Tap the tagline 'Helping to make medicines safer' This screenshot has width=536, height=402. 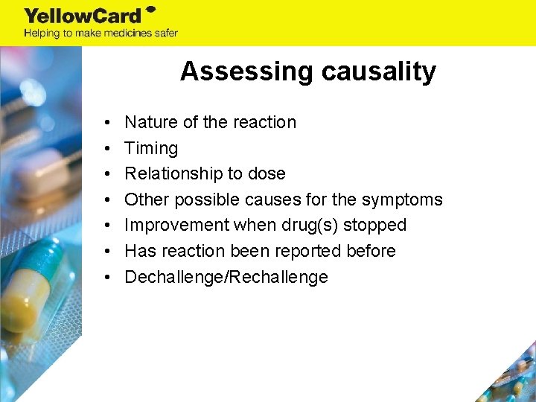point(100,33)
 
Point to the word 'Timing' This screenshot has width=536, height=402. point(151,148)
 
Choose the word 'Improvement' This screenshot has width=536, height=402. point(178,225)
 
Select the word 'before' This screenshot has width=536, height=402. point(371,251)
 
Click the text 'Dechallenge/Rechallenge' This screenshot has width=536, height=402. point(226,277)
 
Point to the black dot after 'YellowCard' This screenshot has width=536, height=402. point(150,10)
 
